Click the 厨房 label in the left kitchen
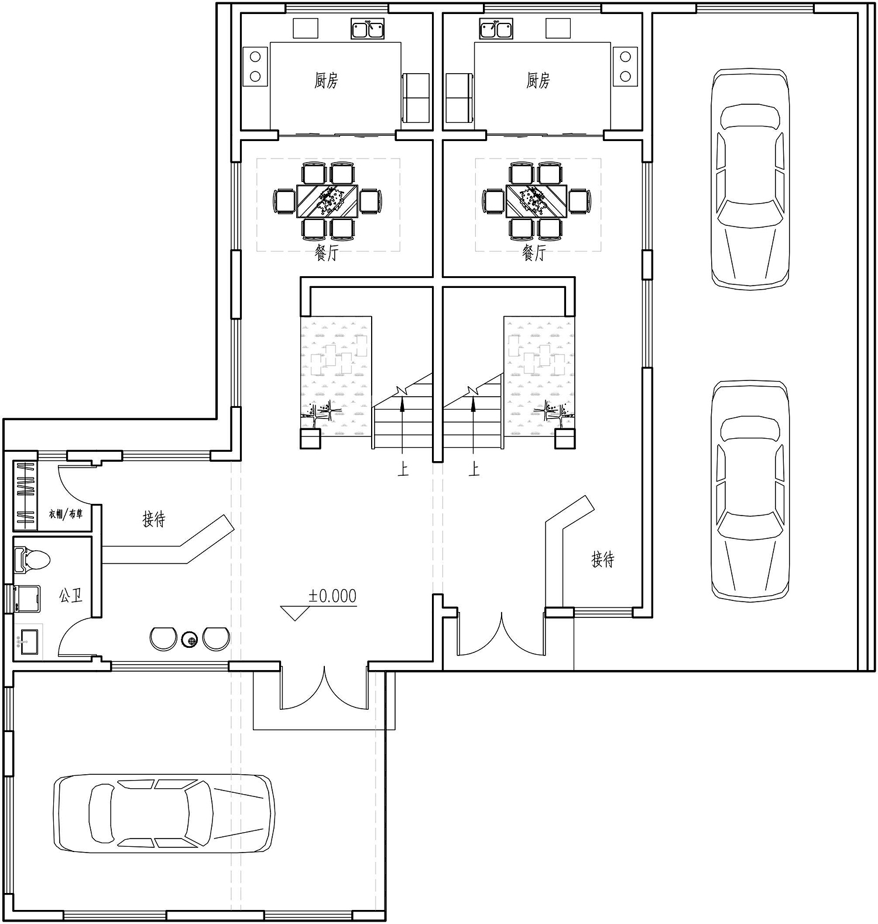click(x=326, y=80)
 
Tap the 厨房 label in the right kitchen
click(x=538, y=80)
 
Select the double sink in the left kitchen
click(x=368, y=28)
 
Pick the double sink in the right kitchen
click(x=496, y=28)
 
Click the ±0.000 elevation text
click(x=332, y=596)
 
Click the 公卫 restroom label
click(x=70, y=596)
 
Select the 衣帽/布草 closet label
click(x=65, y=515)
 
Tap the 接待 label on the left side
click(x=154, y=519)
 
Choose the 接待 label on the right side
click(x=603, y=559)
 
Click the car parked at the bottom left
click(x=164, y=811)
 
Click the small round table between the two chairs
click(x=190, y=640)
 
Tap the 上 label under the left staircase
click(x=403, y=469)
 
